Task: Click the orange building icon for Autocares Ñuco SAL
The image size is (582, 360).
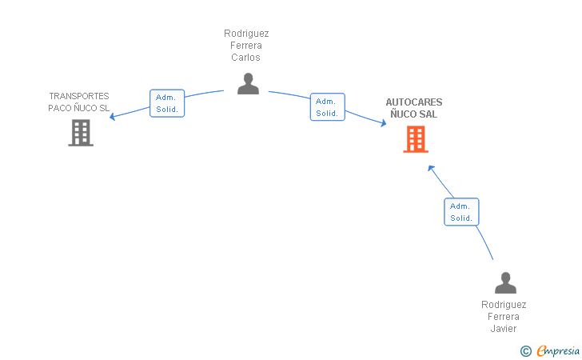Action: pos(416,139)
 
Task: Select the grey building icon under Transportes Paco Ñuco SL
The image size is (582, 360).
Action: pos(81,133)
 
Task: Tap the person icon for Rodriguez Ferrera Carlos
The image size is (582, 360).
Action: pos(248,83)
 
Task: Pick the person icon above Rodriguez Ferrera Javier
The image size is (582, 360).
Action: pos(505,282)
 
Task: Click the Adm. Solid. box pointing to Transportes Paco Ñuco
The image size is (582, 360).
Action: pos(167,103)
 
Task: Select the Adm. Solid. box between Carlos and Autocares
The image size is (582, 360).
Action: pos(328,107)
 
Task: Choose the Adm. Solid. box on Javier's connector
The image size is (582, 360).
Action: pos(461,212)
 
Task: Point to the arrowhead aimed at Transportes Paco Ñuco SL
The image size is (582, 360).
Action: pos(112,117)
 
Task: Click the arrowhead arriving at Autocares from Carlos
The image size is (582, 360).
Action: pos(384,123)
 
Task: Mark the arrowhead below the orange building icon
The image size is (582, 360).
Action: pos(431,168)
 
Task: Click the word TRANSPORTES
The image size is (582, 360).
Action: pos(79,96)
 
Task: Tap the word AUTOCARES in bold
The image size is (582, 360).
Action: pos(414,102)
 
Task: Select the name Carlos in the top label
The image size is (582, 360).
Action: pos(245,58)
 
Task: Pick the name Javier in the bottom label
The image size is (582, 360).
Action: pos(504,329)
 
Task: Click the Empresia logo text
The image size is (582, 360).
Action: pos(558,350)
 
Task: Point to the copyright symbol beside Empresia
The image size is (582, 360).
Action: pos(525,351)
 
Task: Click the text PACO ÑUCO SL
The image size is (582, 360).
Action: pos(79,108)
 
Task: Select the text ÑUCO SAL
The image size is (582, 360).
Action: pos(414,114)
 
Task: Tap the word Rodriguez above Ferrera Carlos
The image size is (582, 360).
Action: pos(246,34)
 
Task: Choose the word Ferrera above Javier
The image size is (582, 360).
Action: pos(504,317)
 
